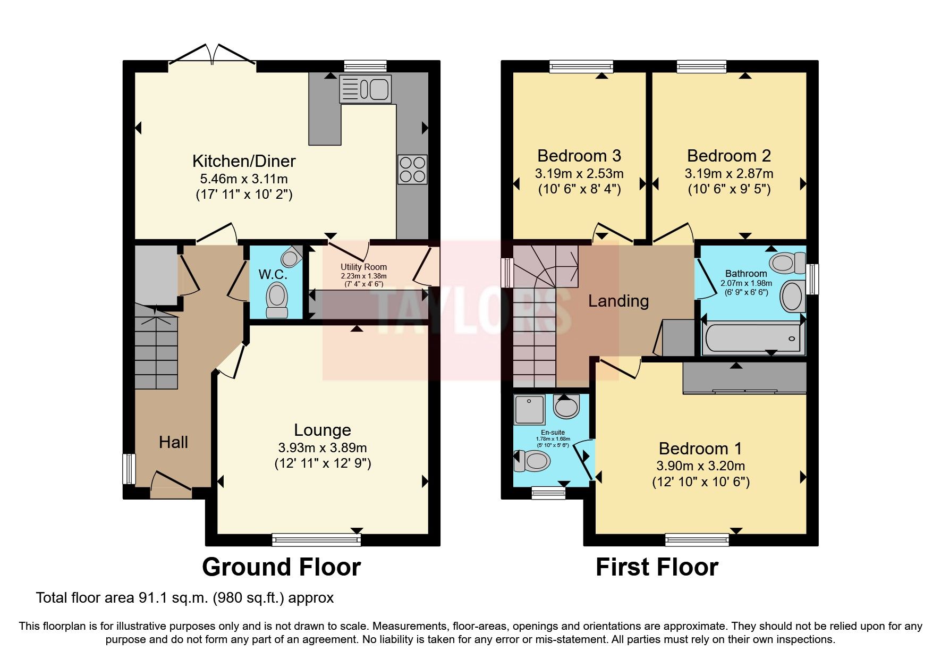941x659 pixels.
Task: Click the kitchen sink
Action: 365,89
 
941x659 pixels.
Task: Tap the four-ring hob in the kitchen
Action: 412,170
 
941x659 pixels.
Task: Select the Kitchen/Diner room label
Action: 244,161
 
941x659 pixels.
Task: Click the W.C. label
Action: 273,275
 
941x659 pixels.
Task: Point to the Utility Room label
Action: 363,267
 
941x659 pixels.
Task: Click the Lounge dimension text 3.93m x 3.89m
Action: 323,447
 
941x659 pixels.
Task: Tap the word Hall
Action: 173,442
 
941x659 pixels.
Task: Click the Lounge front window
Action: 316,540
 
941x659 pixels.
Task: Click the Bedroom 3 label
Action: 579,156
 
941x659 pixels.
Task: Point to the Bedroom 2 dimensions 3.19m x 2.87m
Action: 729,173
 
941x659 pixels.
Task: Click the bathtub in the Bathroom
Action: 751,338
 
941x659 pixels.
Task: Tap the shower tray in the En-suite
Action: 529,409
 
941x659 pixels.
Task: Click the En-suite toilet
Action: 531,461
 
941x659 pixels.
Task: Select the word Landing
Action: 618,301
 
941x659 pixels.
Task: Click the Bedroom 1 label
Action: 700,449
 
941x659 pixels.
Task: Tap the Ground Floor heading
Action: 281,567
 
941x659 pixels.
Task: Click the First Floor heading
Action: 657,567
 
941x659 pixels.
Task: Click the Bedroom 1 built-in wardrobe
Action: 744,377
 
